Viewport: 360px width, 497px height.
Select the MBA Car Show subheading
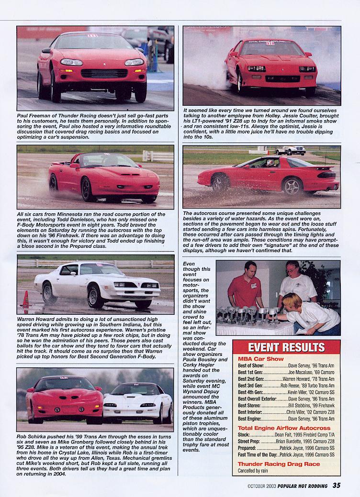pos(261,359)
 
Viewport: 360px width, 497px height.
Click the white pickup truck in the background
pos(291,150)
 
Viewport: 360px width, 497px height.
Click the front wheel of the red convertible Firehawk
pos(88,189)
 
